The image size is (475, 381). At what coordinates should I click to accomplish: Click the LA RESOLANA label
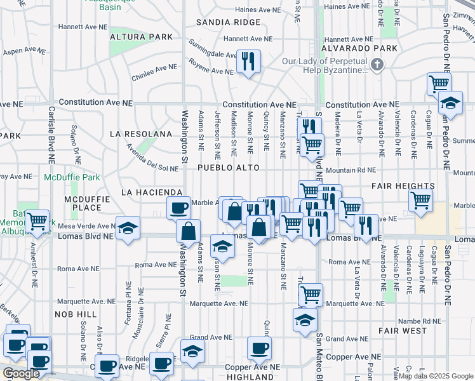pyautogui.click(x=141, y=134)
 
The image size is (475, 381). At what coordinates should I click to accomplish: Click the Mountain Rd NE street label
pyautogui.click(x=351, y=170)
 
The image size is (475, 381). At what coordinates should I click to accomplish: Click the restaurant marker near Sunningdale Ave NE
pyautogui.click(x=246, y=62)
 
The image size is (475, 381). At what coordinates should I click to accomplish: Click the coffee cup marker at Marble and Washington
pyautogui.click(x=178, y=207)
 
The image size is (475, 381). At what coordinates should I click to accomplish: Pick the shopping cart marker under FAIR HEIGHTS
pyautogui.click(x=421, y=200)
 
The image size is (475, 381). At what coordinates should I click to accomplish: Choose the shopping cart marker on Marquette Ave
pyautogui.click(x=311, y=294)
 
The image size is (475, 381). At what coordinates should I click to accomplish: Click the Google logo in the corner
pyautogui.click(x=20, y=373)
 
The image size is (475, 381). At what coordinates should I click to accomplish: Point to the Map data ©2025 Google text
pyautogui.click(x=436, y=376)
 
